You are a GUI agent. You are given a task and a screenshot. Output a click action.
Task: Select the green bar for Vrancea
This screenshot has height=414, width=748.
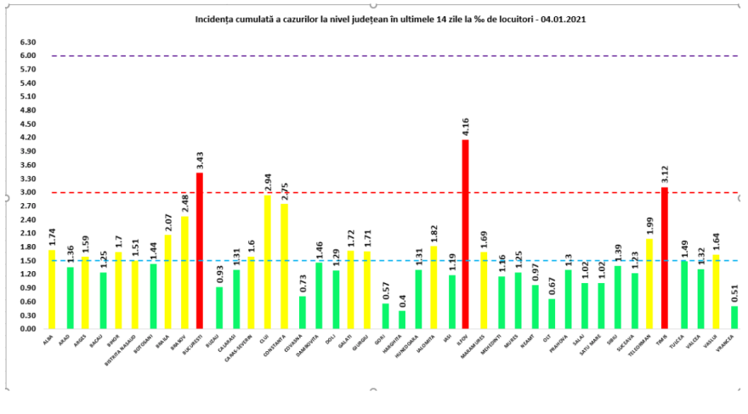coord(734,317)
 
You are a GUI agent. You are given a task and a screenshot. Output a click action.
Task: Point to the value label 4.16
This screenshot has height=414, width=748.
coord(465,128)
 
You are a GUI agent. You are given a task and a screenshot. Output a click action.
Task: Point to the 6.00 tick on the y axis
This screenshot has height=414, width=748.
coord(28,56)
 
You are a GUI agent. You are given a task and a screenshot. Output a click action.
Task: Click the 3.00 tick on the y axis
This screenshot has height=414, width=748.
coord(28,192)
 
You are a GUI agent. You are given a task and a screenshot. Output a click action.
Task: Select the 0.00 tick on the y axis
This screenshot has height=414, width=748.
coord(28,329)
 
